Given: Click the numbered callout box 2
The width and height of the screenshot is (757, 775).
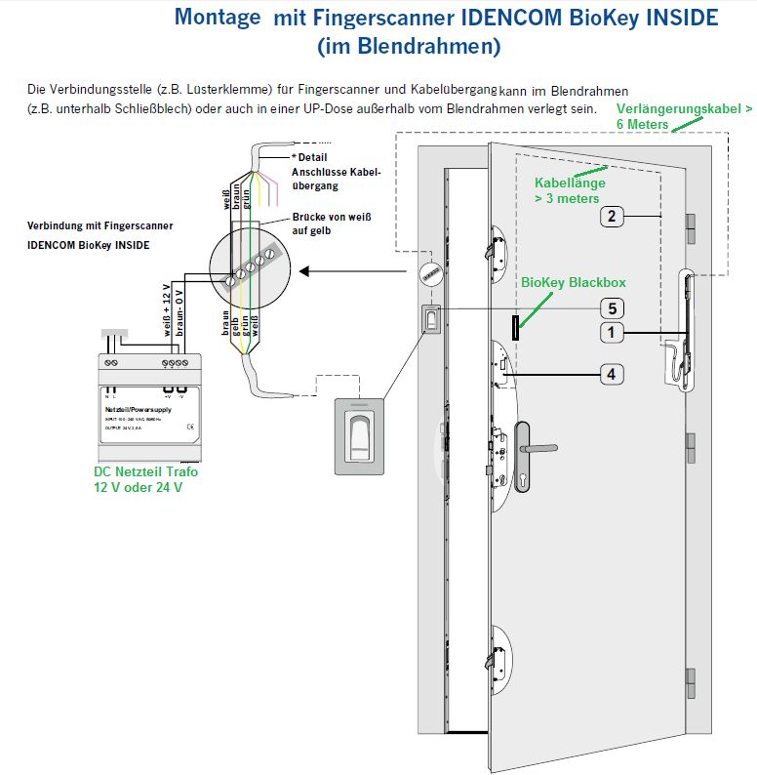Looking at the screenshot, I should point(612,217).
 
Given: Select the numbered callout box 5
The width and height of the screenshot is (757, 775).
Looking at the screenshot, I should point(611,308).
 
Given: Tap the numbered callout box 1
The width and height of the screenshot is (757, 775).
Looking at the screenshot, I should point(611,334).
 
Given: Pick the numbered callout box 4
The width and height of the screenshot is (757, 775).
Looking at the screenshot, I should point(611,374).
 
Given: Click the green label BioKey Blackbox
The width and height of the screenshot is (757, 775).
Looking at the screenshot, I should point(573,282).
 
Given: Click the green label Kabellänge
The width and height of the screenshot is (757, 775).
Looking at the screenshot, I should point(570,183).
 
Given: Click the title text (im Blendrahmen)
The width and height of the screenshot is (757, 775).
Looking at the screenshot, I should point(409,45).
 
